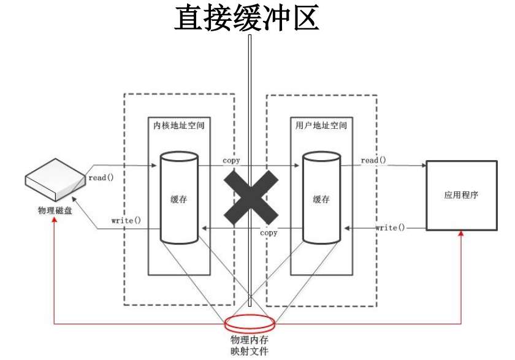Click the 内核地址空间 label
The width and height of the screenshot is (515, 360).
tap(178, 125)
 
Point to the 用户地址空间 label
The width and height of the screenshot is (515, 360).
tap(321, 125)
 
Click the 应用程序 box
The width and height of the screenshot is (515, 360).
tap(461, 195)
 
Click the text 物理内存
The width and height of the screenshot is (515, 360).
tap(250, 339)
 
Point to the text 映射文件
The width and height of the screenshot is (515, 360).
tap(250, 351)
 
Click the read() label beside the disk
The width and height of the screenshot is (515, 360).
tap(101, 178)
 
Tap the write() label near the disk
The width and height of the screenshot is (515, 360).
tap(126, 220)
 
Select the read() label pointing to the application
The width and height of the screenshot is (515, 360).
tap(373, 160)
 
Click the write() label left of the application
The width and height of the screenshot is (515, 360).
tap(391, 228)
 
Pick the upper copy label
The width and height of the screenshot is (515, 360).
tap(231, 160)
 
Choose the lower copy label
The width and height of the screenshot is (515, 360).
tap(269, 233)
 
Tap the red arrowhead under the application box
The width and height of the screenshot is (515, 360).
tap(461, 236)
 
